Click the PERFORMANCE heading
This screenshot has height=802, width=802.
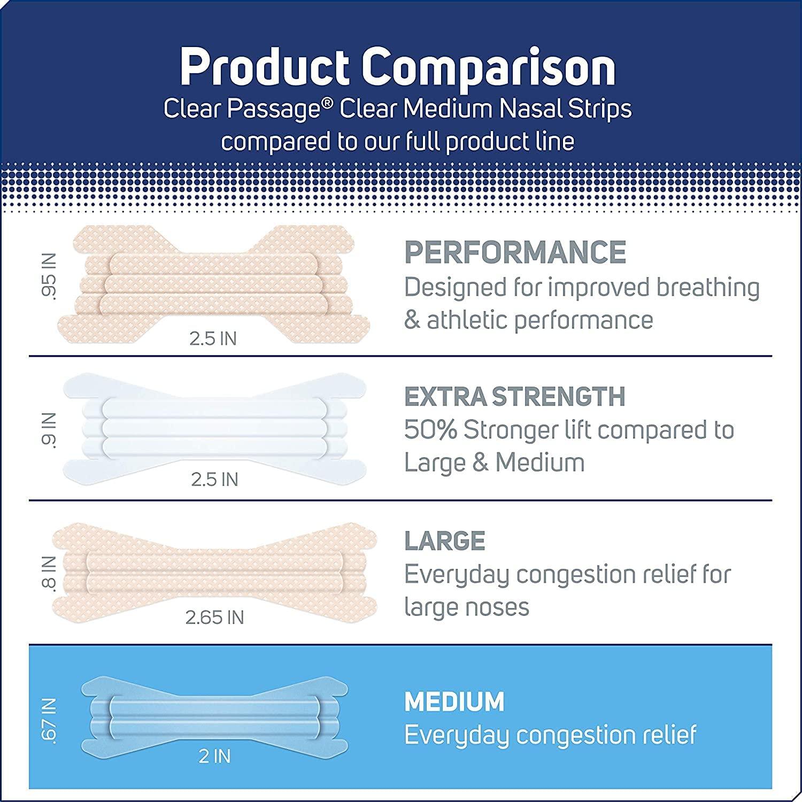pos(515,252)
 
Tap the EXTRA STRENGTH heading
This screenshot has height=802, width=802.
pos(514,397)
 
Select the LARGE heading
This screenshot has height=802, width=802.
pos(445,541)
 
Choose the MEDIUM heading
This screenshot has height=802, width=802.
pos(454,701)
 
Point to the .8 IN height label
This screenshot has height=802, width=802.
pos(49,573)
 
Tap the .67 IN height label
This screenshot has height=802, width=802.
pos(49,720)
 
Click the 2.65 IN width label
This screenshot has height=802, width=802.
pos(214,618)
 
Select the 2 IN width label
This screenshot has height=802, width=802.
pos(214,757)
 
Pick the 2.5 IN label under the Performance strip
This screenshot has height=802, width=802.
pos(213,338)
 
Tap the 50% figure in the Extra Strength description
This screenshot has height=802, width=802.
pos(430,430)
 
